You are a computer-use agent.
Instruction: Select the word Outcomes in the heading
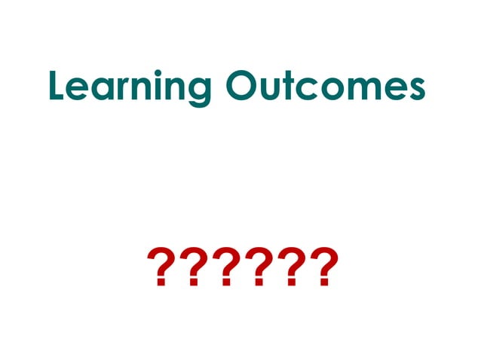pos(325,87)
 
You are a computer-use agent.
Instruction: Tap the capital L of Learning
pos(58,87)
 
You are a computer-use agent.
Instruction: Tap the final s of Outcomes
pos(415,90)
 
